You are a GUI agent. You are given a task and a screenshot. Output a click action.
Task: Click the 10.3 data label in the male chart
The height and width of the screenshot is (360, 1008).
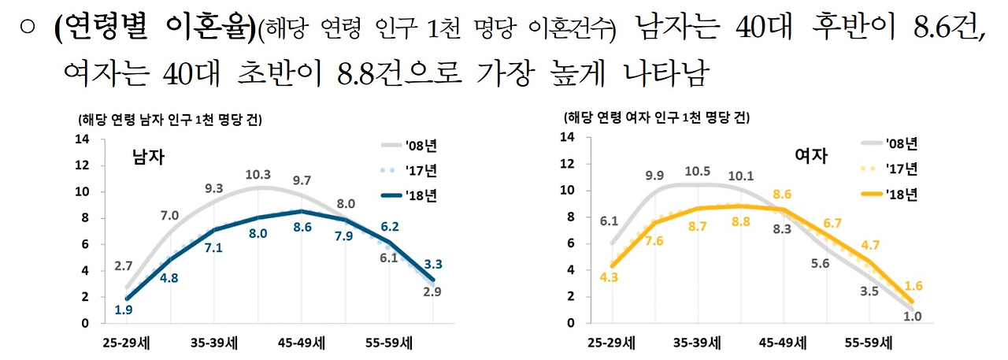pyautogui.click(x=258, y=175)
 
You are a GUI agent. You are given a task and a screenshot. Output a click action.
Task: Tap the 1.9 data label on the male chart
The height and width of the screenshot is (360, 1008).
pyautogui.click(x=123, y=310)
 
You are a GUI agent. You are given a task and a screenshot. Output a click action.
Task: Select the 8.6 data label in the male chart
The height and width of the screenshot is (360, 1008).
pyautogui.click(x=302, y=227)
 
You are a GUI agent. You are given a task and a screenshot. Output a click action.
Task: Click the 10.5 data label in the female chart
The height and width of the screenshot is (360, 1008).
pyautogui.click(x=698, y=172)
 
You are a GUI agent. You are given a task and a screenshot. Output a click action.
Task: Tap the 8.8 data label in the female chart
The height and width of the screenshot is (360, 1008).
pyautogui.click(x=740, y=222)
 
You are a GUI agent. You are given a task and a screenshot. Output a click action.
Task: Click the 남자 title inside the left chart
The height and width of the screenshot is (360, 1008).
pyautogui.click(x=148, y=157)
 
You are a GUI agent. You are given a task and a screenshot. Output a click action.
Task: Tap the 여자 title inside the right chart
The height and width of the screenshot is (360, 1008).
pyautogui.click(x=811, y=155)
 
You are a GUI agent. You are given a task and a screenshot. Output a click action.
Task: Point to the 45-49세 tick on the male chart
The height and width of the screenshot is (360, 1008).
pyautogui.click(x=302, y=343)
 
